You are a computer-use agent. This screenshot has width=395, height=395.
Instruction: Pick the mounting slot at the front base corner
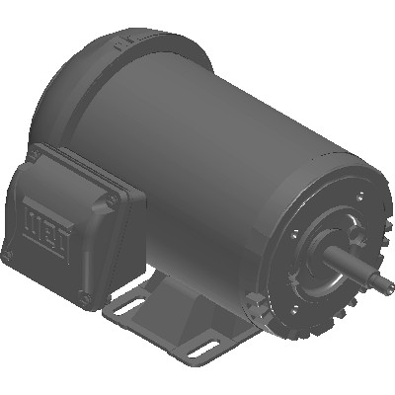click(201, 348)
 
